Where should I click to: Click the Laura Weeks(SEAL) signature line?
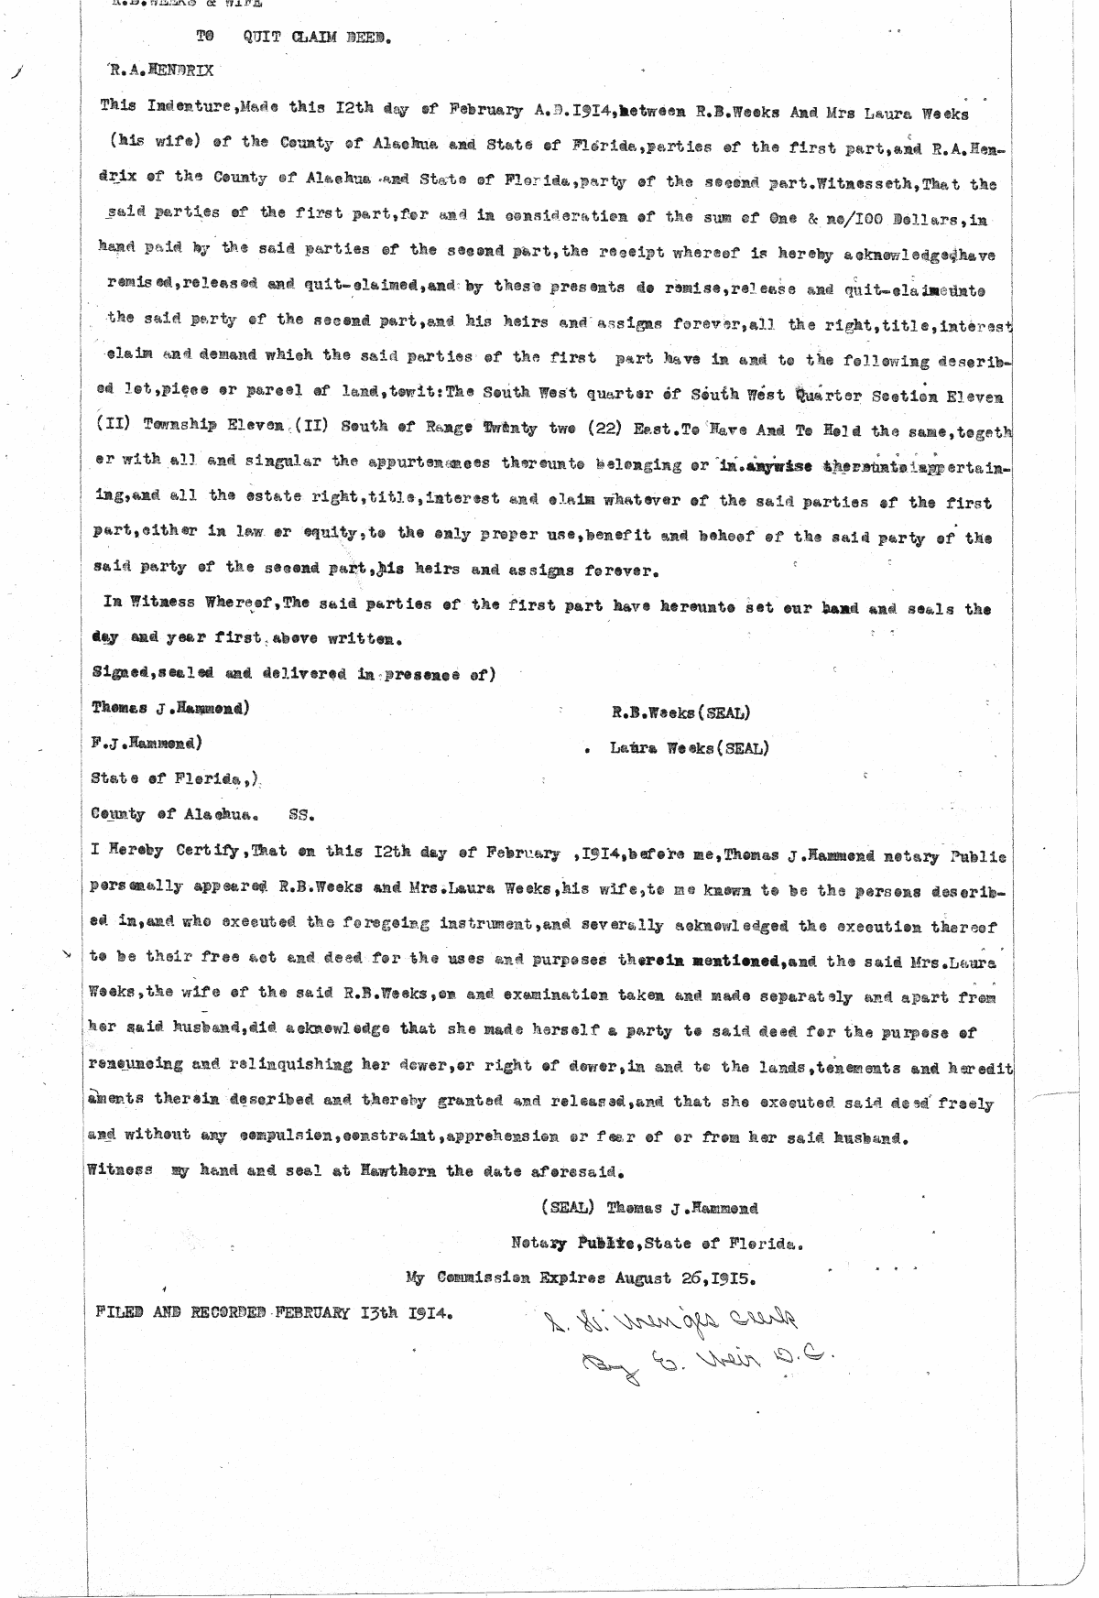coord(689,748)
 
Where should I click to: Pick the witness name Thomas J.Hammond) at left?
coord(169,709)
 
